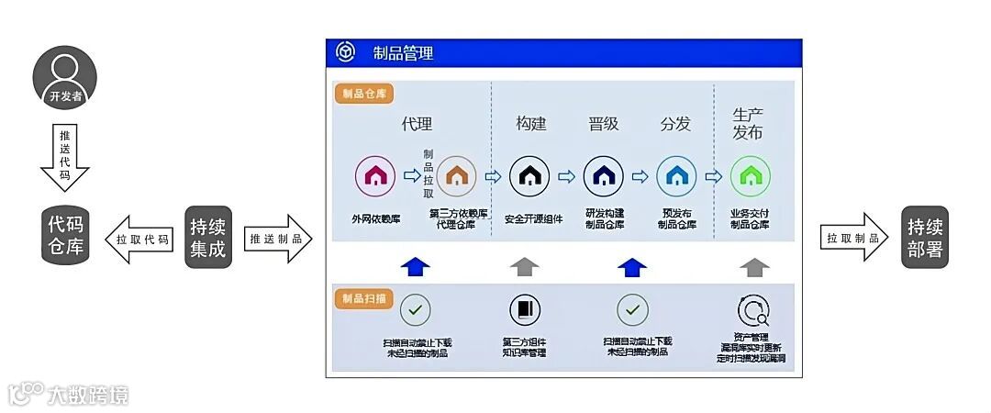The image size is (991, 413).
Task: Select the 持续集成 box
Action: [x=208, y=237]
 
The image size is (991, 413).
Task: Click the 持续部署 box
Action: [x=925, y=237]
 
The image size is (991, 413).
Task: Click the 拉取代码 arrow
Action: [x=138, y=239]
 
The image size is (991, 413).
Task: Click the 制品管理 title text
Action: [x=403, y=53]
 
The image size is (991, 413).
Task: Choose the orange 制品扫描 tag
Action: [x=364, y=298]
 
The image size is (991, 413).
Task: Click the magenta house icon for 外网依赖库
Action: [x=375, y=175]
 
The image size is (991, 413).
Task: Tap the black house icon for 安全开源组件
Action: [x=529, y=175]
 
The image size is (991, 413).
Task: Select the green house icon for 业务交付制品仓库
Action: [x=750, y=175]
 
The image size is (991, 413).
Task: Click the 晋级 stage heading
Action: [x=603, y=124]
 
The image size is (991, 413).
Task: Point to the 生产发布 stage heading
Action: [x=748, y=123]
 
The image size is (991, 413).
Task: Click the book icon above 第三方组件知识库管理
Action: [x=525, y=310]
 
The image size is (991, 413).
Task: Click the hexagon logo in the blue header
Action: [x=345, y=52]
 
